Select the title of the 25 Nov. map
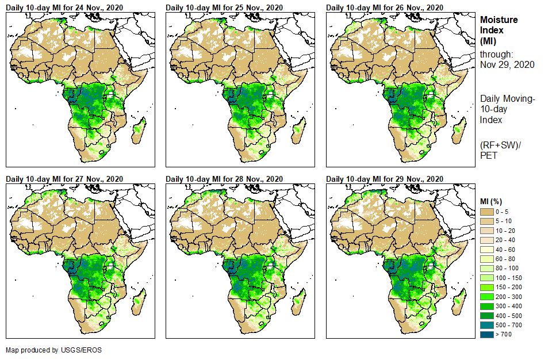(x=224, y=7)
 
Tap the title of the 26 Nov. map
(x=385, y=7)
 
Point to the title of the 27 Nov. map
(x=64, y=178)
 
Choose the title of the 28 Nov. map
(x=224, y=178)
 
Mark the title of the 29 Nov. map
(x=385, y=178)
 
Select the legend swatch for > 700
(x=486, y=334)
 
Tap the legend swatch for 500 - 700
(x=486, y=324)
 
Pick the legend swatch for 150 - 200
(x=486, y=287)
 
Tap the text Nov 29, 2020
(x=507, y=64)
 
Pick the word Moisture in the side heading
(x=499, y=20)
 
